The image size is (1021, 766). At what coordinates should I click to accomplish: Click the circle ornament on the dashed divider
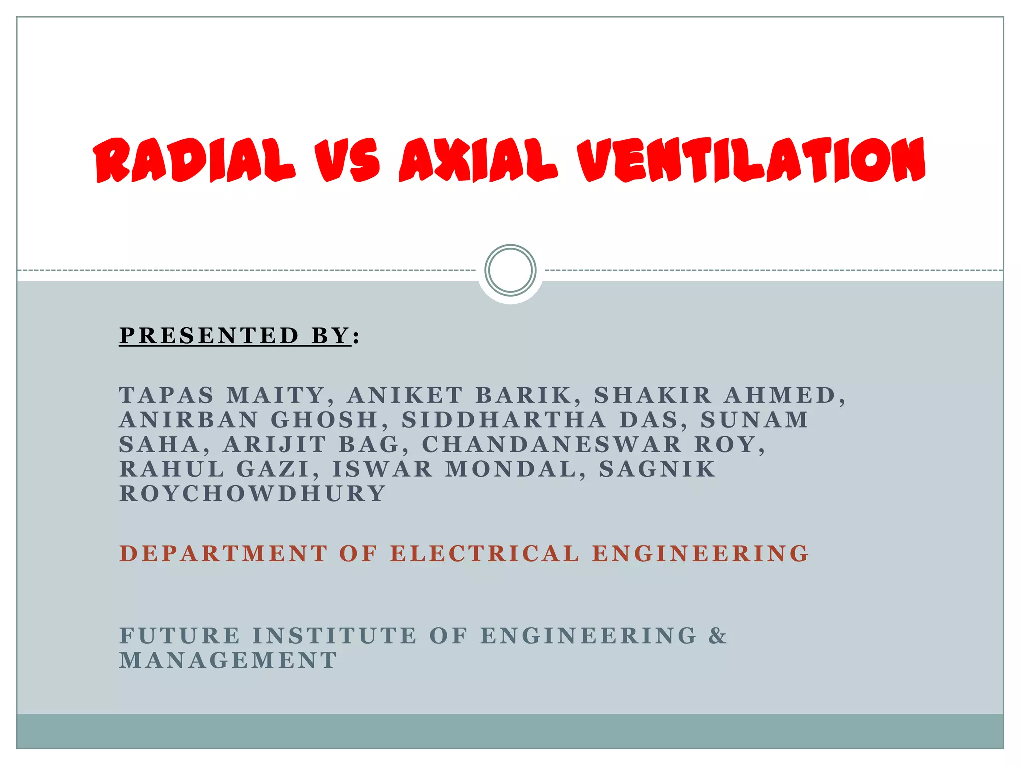(510, 270)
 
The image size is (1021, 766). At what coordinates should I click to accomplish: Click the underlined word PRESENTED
(209, 335)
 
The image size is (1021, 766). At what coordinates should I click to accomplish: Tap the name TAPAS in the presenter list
(167, 395)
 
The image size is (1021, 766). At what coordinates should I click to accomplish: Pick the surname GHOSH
(325, 420)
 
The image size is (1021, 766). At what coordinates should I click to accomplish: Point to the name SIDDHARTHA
(504, 420)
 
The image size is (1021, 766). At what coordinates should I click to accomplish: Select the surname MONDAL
(510, 469)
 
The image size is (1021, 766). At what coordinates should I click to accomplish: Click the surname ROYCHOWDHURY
(252, 493)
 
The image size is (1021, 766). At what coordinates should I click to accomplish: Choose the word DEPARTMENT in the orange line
(223, 554)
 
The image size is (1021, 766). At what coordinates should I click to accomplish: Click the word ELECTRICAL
(485, 554)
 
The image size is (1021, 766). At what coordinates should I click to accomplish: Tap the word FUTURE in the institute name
(180, 636)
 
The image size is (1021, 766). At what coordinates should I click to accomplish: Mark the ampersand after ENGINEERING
(718, 636)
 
